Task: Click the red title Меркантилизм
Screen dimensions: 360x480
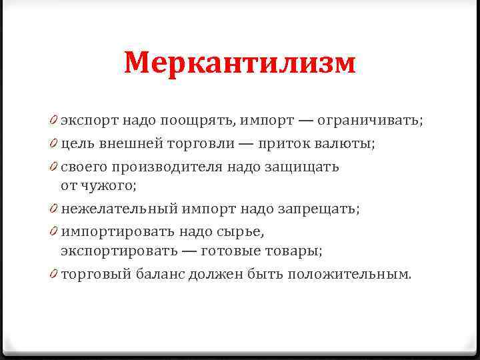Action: pos(240,64)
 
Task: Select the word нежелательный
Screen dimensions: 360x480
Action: pos(118,209)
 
